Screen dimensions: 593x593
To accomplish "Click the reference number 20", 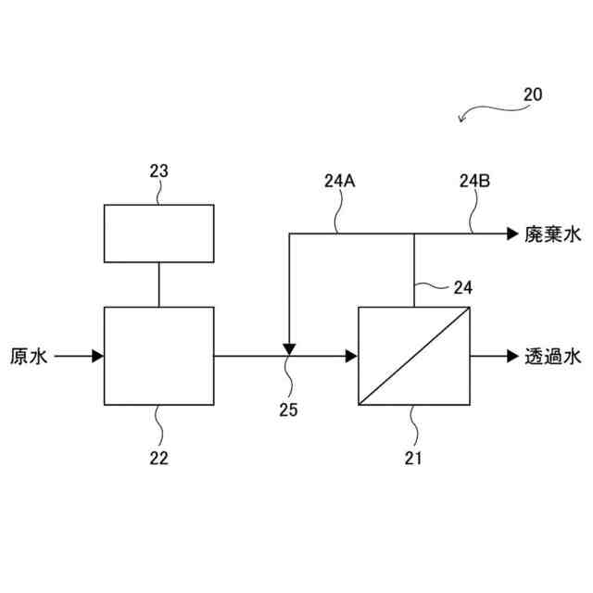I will click(533, 95).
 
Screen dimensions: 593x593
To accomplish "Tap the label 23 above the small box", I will click(158, 171).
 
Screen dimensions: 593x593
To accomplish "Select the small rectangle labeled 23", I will click(158, 233).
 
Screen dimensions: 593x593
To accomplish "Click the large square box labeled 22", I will click(158, 356).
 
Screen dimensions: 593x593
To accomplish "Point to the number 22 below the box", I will click(158, 458).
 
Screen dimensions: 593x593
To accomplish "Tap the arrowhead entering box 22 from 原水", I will click(97, 356).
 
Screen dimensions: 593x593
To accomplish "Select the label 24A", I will click(340, 182).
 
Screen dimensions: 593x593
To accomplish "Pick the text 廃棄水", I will click(551, 234).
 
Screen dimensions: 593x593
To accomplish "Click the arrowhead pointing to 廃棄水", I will click(512, 234).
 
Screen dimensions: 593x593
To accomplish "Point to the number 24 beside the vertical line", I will click(462, 288).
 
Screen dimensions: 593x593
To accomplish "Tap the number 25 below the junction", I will click(288, 409).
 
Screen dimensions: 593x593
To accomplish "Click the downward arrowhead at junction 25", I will click(289, 349).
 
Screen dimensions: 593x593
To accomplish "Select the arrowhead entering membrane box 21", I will click(351, 356).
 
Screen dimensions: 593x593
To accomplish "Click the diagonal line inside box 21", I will click(414, 356).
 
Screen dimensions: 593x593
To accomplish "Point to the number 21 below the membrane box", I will click(414, 458).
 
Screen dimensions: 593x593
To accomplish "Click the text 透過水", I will click(551, 356).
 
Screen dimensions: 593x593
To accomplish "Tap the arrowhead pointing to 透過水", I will click(512, 356).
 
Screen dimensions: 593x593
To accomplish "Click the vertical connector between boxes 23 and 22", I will click(158, 284).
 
